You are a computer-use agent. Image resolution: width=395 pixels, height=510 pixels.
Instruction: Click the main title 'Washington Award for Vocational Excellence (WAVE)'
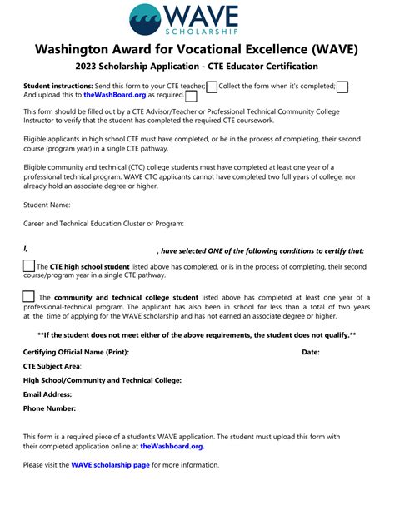[x=197, y=49]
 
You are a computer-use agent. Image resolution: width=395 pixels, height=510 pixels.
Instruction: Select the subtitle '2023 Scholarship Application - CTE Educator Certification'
[x=197, y=67]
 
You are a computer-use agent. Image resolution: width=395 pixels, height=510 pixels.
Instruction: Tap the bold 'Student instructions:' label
[x=57, y=86]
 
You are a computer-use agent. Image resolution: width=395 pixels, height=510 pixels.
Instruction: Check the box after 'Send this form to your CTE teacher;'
[x=212, y=87]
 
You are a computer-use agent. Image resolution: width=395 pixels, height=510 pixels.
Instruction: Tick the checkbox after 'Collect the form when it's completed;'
[x=342, y=87]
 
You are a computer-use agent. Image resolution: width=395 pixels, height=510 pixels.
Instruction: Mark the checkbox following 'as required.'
[x=191, y=96]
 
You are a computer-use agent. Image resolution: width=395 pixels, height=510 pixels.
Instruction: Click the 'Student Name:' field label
[x=47, y=204]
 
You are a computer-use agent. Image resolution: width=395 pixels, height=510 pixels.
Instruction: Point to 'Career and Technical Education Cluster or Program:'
[x=103, y=223]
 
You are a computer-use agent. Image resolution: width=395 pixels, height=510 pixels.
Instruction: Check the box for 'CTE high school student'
[x=29, y=265]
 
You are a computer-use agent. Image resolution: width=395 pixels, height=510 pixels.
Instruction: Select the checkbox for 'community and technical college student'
[x=29, y=296]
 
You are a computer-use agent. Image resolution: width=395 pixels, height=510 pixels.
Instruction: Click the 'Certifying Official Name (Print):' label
[x=76, y=352]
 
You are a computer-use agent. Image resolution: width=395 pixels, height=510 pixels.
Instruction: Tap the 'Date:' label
[x=310, y=352]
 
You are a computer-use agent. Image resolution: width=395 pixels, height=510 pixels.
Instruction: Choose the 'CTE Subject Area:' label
[x=52, y=366]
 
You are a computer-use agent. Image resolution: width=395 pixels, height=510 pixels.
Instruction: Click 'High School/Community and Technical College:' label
[x=102, y=380]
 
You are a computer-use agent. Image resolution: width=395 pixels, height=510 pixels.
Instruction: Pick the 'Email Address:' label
[x=47, y=394]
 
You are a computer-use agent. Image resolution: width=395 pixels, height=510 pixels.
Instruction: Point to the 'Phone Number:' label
[x=49, y=408]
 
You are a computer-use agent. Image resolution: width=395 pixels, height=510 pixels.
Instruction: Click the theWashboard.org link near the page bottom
[x=172, y=446]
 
